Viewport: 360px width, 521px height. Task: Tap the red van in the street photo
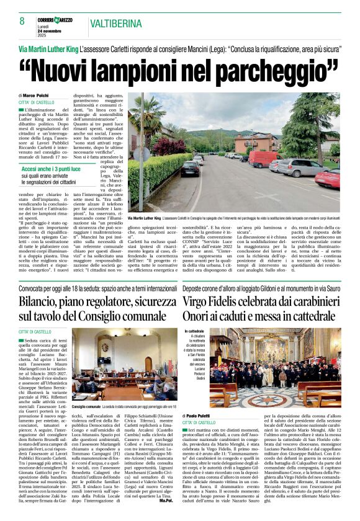click(263, 159)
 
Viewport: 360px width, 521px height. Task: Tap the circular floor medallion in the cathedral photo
click(259, 398)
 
